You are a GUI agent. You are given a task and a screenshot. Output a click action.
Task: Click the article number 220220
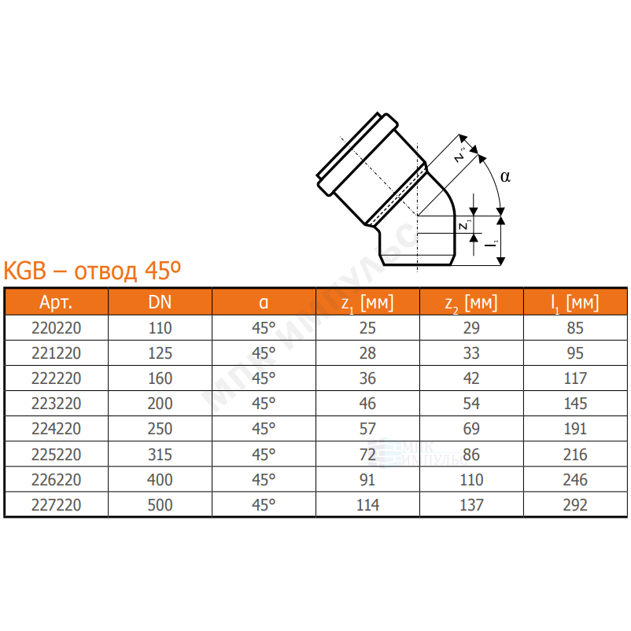(x=57, y=328)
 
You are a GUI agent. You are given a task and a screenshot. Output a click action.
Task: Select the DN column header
(x=160, y=302)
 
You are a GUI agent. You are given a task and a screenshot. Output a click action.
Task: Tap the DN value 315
(x=160, y=454)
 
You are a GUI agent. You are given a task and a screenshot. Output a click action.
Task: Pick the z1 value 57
(x=367, y=429)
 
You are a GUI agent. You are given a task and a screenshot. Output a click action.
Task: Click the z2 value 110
(x=471, y=480)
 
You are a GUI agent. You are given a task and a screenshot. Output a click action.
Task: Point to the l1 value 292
(x=575, y=504)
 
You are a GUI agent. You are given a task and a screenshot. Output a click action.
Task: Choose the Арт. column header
(x=56, y=302)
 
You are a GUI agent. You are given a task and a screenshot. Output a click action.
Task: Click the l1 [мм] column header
(x=574, y=303)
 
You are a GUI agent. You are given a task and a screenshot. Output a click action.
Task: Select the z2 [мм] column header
(x=470, y=303)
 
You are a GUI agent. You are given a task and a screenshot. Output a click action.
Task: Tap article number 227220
(x=57, y=504)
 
